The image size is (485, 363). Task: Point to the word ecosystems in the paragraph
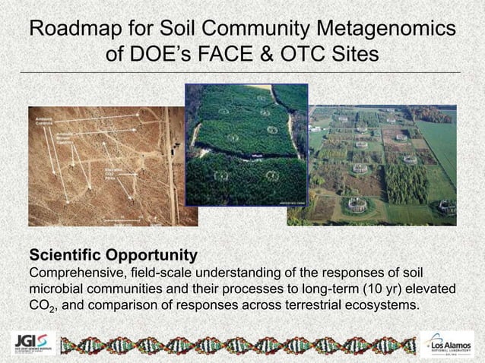coord(376,306)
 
